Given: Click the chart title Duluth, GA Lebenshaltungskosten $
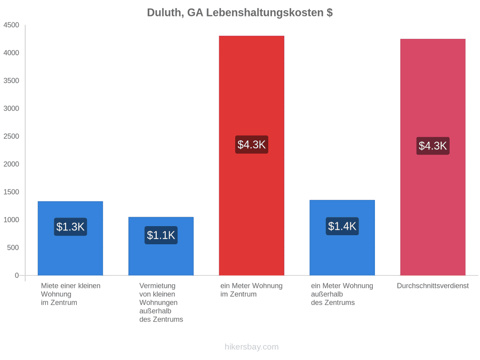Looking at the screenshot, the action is click(239, 13).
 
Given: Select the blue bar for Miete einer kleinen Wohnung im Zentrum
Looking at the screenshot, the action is click(70, 238).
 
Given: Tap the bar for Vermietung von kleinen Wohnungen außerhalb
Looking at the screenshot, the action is click(161, 246).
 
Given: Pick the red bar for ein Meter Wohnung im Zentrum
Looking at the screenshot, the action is click(252, 156).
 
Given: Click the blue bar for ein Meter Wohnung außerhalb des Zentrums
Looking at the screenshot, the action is click(342, 237).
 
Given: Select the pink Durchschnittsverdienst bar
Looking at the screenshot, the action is click(433, 157).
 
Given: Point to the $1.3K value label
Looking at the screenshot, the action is click(70, 227).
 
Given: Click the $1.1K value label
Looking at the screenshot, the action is click(161, 235).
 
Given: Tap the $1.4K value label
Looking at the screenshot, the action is click(342, 226).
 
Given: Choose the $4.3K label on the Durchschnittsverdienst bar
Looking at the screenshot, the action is click(433, 146).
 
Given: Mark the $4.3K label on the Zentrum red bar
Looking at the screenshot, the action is click(252, 145).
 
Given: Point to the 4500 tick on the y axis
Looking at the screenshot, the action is click(11, 25).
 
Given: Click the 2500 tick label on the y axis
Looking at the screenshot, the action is click(11, 136).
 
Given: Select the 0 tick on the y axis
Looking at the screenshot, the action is click(17, 275).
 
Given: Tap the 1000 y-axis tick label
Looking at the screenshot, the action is click(11, 220).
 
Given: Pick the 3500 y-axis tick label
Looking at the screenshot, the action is click(11, 81).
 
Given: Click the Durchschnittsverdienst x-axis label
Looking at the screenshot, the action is click(433, 286).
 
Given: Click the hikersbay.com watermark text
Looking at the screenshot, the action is click(252, 347).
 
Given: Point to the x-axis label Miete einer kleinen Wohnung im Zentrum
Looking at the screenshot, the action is click(71, 294).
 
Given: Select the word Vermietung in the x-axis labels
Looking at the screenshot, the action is click(157, 286).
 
